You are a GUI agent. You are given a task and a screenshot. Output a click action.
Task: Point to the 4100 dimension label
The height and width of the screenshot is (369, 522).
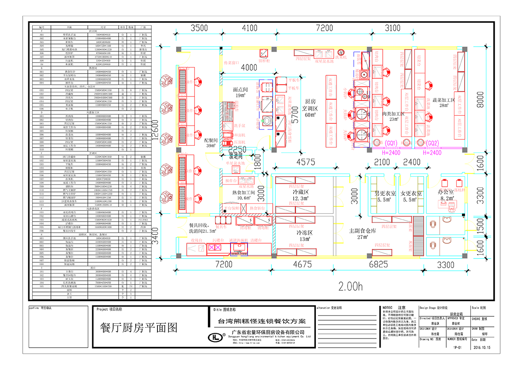249,29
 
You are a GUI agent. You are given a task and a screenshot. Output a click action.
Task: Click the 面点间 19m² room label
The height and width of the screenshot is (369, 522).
240,92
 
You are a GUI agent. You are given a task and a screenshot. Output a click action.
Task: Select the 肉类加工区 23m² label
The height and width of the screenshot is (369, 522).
393,116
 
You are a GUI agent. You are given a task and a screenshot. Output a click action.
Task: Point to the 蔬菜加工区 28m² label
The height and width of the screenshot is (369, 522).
440,102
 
